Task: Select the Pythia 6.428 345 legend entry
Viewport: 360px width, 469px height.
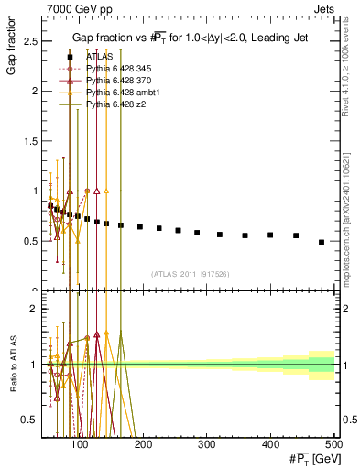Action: coord(119,69)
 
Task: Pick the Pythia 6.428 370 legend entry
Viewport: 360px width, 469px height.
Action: coord(119,81)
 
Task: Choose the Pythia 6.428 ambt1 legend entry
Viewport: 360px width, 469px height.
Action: coord(123,93)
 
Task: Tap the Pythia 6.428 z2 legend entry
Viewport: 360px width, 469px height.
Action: coord(117,104)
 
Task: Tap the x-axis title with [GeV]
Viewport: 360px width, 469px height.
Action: coord(309,459)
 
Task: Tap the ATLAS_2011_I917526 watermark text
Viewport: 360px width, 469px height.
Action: coord(189,274)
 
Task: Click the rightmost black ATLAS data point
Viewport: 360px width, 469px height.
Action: coord(321,242)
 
